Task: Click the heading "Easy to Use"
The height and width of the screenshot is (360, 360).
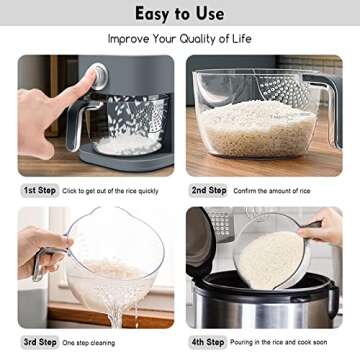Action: coord(180,14)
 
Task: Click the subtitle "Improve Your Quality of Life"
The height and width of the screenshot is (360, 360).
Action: coord(180,40)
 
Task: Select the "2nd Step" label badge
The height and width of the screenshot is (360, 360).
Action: coord(208,190)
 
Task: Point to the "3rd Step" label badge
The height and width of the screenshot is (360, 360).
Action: coord(40,343)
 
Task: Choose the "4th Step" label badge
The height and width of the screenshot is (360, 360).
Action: coord(208,343)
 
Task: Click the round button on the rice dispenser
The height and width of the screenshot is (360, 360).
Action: coord(97,76)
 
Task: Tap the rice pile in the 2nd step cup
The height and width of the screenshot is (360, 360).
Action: coord(255,129)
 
